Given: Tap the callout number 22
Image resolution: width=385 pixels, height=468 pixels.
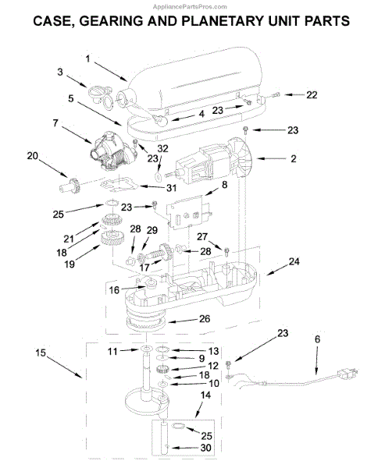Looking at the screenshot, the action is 312,95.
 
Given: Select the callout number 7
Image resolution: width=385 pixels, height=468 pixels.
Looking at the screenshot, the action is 55,123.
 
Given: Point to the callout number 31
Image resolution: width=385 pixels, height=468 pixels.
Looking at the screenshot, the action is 171,188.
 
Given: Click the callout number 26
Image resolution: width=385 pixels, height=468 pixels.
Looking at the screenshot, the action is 205,319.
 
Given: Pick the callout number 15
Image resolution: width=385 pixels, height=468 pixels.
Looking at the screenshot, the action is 41,353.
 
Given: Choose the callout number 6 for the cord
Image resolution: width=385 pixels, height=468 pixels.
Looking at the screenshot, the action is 317,339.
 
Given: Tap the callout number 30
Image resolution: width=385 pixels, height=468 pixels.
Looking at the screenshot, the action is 205,448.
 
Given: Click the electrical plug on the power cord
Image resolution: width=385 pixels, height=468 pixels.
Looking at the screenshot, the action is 347,373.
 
